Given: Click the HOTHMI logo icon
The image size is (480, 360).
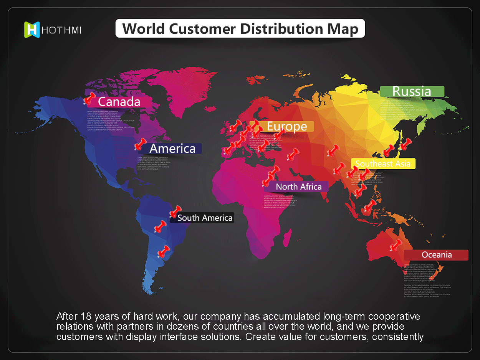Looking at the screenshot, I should click(32, 30).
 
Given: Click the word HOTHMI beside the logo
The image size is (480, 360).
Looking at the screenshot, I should click(61, 30).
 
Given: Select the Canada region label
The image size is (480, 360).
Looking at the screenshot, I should click(119, 102).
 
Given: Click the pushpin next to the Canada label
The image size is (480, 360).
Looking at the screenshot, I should click(89, 99).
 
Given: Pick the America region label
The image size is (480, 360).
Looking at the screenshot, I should click(172, 149).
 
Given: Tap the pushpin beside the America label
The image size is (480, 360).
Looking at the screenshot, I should click(141, 144).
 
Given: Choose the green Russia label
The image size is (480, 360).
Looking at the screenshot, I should click(412, 91).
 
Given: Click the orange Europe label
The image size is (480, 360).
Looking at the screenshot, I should click(287, 126).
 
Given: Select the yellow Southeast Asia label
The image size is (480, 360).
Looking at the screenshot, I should click(383, 164).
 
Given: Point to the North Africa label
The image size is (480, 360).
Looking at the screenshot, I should click(299, 187).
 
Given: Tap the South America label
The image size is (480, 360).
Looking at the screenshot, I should click(205, 218).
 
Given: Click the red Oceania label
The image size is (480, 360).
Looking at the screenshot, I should click(437, 255).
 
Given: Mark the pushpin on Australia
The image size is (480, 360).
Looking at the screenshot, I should click(396, 245).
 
